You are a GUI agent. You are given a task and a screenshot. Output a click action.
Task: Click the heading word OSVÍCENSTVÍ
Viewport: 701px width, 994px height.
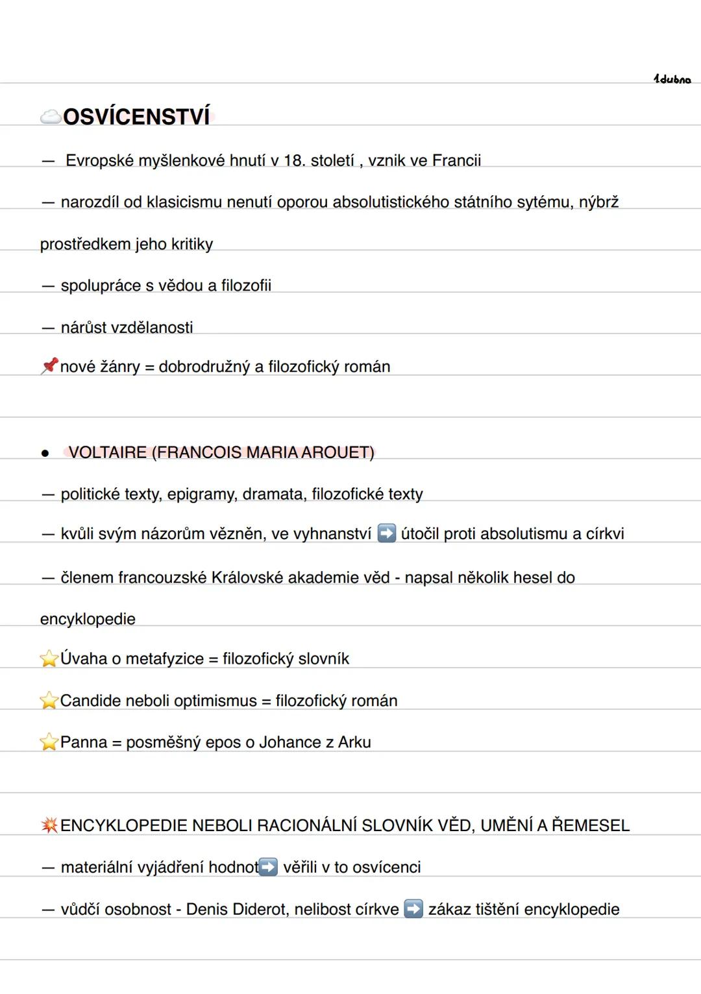pos(137,117)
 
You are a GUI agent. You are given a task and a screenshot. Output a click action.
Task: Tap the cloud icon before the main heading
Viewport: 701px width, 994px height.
pos(50,117)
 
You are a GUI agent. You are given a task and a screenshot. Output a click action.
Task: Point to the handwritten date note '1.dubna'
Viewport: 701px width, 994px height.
pos(672,79)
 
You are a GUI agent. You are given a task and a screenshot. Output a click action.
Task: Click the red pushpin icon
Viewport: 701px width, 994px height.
pos(49,366)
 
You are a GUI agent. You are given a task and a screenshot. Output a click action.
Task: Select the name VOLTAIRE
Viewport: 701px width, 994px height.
pos(108,452)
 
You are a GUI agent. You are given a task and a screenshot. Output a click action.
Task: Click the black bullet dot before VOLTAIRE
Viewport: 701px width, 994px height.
pos(45,454)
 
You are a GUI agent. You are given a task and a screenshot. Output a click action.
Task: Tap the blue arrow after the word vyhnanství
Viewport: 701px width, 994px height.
pos(387,533)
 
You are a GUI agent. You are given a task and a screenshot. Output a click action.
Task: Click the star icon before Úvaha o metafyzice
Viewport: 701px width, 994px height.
pos(49,659)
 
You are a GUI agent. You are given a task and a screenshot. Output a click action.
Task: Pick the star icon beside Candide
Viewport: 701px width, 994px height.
pos(49,701)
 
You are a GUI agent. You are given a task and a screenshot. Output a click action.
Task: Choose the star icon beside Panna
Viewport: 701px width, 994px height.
pos(49,742)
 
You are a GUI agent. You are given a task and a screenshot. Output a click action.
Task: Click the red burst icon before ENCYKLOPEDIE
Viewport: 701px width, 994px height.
pos(49,825)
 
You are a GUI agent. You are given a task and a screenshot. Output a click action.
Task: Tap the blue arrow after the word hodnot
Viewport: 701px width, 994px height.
pos(268,867)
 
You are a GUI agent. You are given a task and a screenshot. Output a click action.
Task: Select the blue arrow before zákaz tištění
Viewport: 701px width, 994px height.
pos(413,909)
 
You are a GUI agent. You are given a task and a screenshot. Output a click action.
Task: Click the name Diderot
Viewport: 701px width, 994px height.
pos(260,909)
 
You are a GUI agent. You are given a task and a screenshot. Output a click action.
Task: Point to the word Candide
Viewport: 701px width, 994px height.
pos(88,701)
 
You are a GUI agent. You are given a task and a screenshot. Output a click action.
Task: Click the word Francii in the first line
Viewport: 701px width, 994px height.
pos(456,160)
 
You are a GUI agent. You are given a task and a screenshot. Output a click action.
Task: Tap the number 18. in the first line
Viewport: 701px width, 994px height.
pos(294,160)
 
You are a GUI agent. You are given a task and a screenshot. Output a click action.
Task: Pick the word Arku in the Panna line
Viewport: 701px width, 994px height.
pos(354,742)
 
